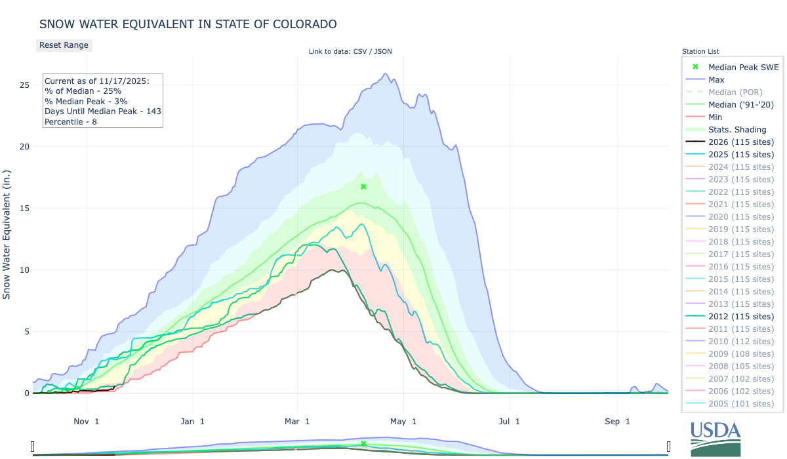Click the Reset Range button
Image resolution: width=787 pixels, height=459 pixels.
(64, 45)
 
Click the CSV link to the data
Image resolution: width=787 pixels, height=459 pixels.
(360, 51)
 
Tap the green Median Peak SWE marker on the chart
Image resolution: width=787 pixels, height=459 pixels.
(363, 187)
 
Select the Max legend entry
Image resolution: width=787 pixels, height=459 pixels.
(716, 79)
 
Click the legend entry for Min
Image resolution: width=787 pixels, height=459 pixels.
(716, 117)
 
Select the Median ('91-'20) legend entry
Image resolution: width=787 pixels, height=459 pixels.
(741, 104)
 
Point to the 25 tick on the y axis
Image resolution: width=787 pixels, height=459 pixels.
(24, 85)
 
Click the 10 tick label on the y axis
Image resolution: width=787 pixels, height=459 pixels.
(24, 270)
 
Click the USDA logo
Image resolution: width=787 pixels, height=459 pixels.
(715, 438)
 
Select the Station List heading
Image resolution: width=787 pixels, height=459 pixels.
(700, 51)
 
